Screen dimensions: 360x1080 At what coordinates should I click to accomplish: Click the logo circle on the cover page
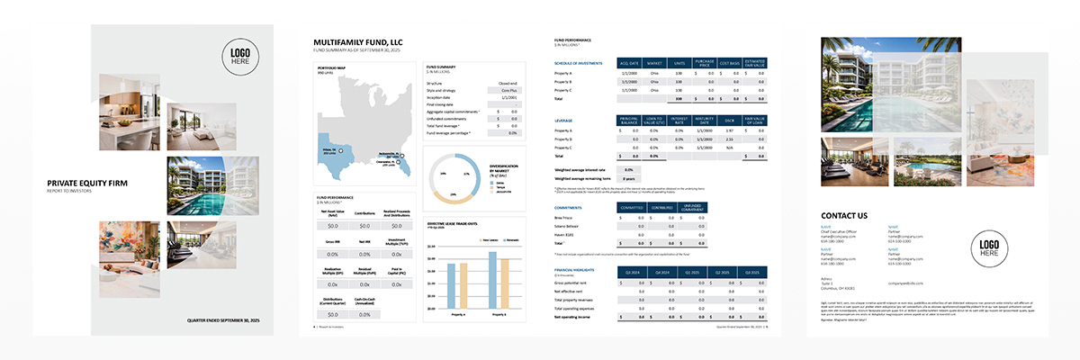240,57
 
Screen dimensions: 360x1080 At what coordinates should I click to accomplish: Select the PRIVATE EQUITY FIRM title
87,183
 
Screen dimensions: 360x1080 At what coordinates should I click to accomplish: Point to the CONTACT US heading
844,215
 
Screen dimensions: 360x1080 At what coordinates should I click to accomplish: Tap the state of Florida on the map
402,162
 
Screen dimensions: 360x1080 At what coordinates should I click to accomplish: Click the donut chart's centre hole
448,177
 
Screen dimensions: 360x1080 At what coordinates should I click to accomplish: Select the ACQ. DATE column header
629,62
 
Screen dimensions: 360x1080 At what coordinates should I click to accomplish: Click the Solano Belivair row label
570,226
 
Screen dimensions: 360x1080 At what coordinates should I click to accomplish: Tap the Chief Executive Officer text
842,232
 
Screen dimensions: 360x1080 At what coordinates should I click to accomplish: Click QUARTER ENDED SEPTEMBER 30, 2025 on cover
222,320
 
